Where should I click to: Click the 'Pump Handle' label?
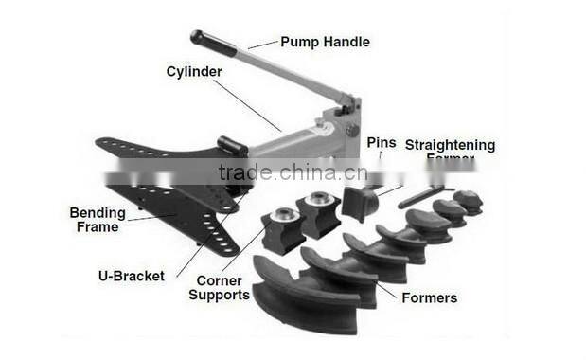coord(324,42)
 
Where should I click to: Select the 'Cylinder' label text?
coord(195,71)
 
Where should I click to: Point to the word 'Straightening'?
coord(450,145)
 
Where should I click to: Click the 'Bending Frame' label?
coord(98,220)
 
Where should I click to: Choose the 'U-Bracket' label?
coord(131,276)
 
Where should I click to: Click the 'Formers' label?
coord(429,297)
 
